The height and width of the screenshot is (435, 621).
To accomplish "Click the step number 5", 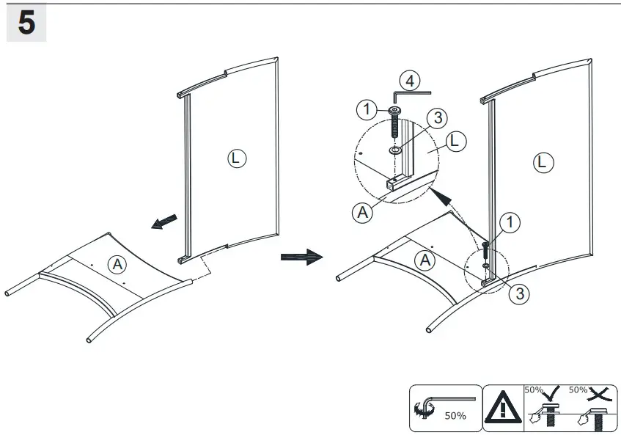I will click(26, 23).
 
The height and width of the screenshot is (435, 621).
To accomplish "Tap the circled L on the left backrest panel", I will click(237, 158).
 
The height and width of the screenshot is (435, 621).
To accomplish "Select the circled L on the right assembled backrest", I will click(543, 162).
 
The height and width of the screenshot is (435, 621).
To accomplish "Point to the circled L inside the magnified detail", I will click(455, 142).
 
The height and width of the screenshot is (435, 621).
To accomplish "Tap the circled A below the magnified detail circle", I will click(361, 213).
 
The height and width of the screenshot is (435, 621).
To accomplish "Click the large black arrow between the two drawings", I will click(301, 257).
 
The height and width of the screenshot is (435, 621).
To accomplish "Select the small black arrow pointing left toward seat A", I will click(165, 222).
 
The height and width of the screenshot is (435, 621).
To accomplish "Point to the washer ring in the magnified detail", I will click(394, 150).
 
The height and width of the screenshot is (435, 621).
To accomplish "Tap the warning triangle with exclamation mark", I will click(503, 407).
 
